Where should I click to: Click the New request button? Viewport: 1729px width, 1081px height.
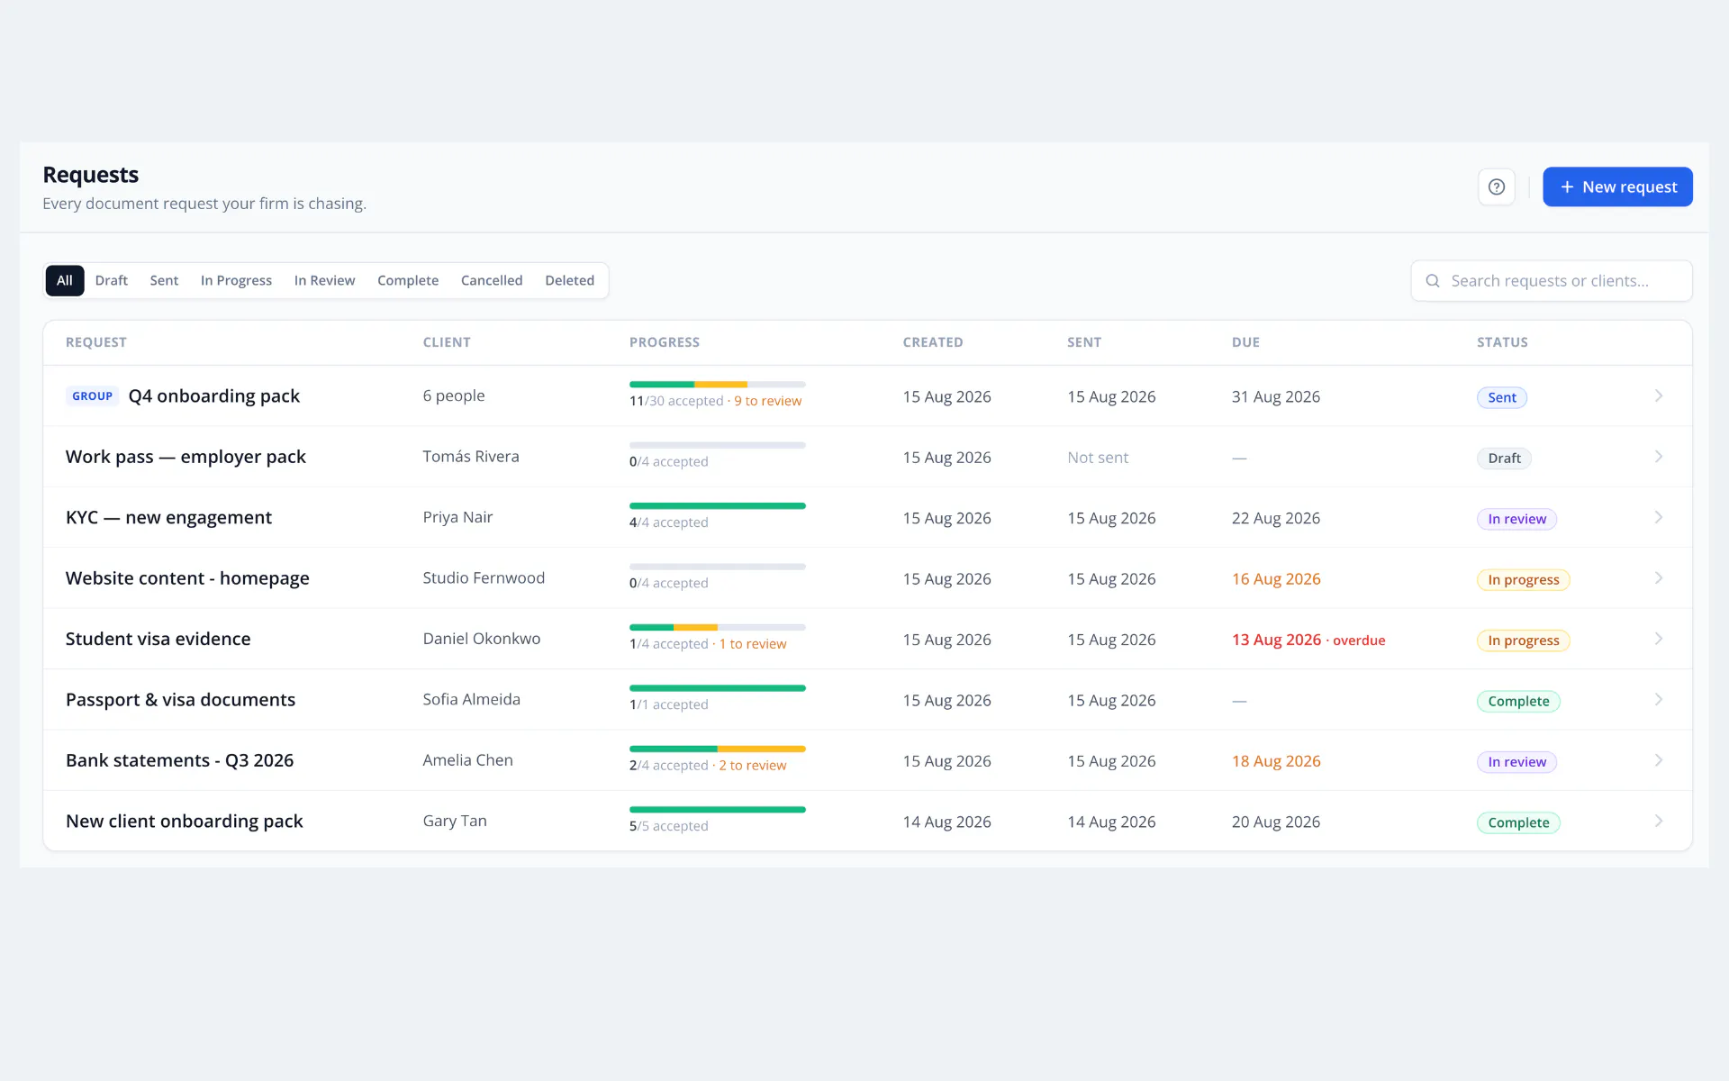[1617, 186]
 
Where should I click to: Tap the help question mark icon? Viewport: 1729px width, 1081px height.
[1497, 186]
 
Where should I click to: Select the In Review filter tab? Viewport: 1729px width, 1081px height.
[324, 280]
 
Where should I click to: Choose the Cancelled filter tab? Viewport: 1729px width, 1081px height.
[492, 280]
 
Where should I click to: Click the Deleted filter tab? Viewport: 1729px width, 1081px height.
[569, 280]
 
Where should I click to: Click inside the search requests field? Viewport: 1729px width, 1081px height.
[1552, 281]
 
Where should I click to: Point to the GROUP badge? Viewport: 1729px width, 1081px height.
[93, 396]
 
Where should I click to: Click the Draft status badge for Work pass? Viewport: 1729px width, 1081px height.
[1504, 459]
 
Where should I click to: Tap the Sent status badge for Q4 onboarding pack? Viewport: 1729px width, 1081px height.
[1502, 397]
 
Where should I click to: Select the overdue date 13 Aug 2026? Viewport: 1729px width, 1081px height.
[1276, 640]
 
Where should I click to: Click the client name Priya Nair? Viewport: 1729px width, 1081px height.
[457, 517]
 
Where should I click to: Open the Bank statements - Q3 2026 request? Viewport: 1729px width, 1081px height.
[179, 760]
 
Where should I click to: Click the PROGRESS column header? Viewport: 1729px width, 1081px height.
[665, 342]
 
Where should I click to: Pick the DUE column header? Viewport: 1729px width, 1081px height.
[1245, 342]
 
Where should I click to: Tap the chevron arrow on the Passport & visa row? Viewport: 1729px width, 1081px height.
[1659, 700]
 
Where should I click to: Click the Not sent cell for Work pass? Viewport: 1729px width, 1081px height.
[1098, 458]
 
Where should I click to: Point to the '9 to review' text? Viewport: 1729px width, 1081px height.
[767, 401]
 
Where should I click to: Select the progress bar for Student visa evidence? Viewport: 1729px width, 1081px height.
[718, 627]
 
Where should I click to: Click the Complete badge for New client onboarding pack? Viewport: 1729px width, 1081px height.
[1518, 822]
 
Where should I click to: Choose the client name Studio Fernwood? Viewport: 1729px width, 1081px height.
[484, 577]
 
